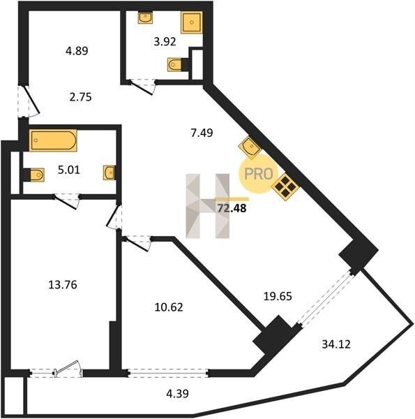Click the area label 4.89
tap(77, 50)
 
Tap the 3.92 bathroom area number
tap(165, 42)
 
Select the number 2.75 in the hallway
tap(80, 97)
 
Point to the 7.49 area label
tap(202, 133)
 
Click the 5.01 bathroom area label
tap(69, 170)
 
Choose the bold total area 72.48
tap(232, 208)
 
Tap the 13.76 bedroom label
tap(63, 285)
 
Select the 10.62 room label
tap(169, 307)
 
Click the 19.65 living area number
tap(278, 296)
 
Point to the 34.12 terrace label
tap(336, 344)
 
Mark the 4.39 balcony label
tap(177, 393)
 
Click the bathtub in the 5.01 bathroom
tap(53, 140)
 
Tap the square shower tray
tap(191, 22)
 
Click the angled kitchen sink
tap(250, 146)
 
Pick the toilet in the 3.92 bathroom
tap(176, 65)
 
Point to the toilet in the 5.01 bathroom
tap(34, 175)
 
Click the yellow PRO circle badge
tap(258, 174)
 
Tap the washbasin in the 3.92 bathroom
tap(145, 17)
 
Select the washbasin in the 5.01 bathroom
tap(110, 172)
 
